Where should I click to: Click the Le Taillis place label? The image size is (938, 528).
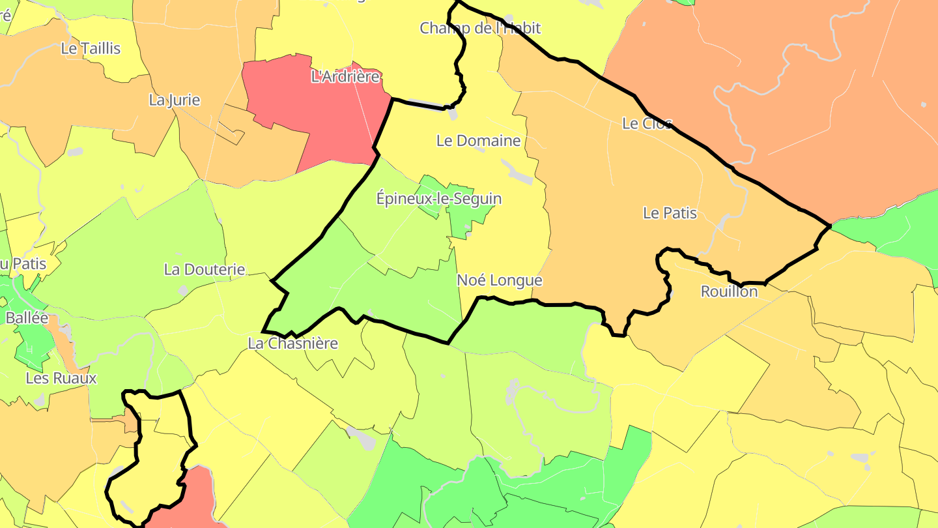tap(91, 48)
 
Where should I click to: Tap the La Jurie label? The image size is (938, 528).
tap(175, 100)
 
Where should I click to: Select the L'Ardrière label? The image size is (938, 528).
tap(346, 77)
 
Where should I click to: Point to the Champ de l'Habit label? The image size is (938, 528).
tap(480, 28)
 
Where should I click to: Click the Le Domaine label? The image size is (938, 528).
tap(479, 140)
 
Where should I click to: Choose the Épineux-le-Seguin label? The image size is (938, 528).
tap(439, 198)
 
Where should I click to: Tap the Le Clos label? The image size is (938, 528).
tap(647, 123)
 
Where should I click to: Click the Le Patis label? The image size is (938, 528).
tap(670, 213)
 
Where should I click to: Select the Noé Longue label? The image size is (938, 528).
tap(500, 280)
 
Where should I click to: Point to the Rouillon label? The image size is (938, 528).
tap(729, 291)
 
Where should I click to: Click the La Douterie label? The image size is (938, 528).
tap(205, 269)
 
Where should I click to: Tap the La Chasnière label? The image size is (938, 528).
tap(293, 344)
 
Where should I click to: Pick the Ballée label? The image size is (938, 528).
tap(27, 318)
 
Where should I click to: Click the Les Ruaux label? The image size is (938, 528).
tap(61, 378)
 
